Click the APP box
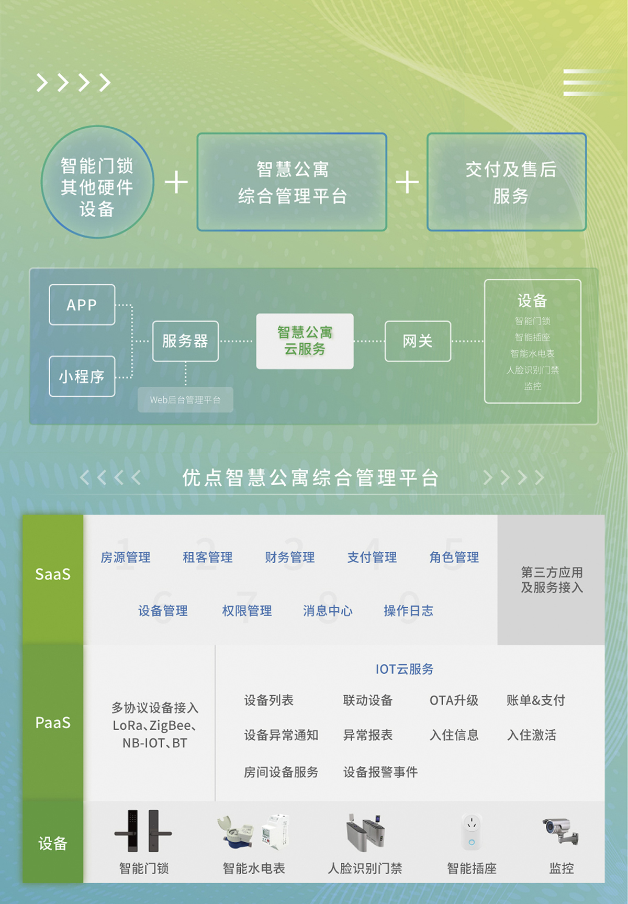(x=82, y=305)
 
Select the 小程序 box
(x=82, y=376)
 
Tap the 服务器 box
(x=185, y=341)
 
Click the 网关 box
(x=418, y=341)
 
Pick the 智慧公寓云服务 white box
(x=305, y=341)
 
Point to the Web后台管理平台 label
(x=185, y=400)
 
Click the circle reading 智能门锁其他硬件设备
(x=97, y=182)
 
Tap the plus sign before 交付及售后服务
(x=407, y=182)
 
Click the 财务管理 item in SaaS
(x=289, y=557)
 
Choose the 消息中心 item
(x=328, y=611)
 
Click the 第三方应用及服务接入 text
(x=552, y=580)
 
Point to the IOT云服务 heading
(x=405, y=669)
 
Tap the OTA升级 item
(x=454, y=700)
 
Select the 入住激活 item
(x=532, y=735)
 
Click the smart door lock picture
(x=143, y=831)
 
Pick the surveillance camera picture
(x=560, y=830)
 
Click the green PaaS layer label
(x=52, y=723)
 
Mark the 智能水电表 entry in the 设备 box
(x=532, y=353)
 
